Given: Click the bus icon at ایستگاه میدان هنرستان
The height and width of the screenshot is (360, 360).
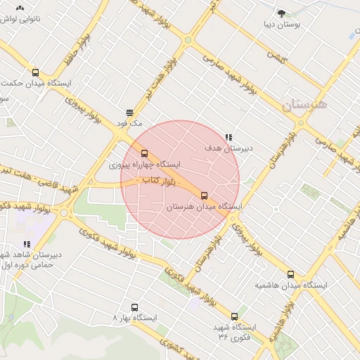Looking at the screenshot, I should pyautogui.click(x=205, y=195).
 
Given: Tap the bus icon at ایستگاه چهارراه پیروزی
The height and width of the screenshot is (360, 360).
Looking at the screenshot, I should pyautogui.click(x=145, y=153).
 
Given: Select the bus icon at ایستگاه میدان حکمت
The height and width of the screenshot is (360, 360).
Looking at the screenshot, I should pyautogui.click(x=36, y=72).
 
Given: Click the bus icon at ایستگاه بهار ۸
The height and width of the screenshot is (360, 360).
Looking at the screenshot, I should pyautogui.click(x=135, y=307).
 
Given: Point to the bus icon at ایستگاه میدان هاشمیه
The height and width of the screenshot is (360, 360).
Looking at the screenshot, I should pyautogui.click(x=290, y=274).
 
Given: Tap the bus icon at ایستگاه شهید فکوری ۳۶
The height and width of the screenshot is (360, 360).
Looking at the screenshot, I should pyautogui.click(x=235, y=316).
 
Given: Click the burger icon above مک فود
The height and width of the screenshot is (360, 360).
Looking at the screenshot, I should pyautogui.click(x=130, y=112).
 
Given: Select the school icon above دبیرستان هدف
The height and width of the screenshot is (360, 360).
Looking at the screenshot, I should pyautogui.click(x=229, y=137).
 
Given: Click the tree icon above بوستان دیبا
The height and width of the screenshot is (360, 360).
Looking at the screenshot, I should pyautogui.click(x=282, y=13).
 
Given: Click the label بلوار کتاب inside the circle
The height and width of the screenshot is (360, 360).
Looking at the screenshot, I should pyautogui.click(x=159, y=181).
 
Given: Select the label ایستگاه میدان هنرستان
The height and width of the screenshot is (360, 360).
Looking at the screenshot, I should pyautogui.click(x=205, y=207).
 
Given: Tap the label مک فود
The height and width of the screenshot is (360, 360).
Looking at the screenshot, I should pyautogui.click(x=131, y=123).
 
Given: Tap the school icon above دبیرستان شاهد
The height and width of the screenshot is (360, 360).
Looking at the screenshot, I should pyautogui.click(x=27, y=244).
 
